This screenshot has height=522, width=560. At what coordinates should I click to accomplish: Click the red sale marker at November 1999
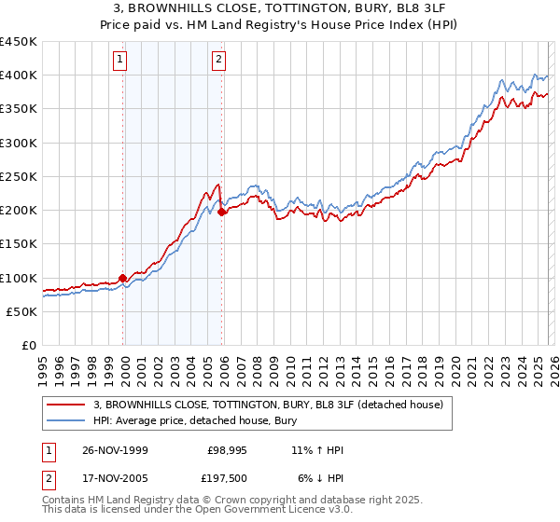[x=123, y=278]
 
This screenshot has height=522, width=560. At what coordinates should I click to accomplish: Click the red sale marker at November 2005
[x=222, y=212]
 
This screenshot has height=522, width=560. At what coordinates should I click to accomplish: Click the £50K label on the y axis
[x=22, y=311]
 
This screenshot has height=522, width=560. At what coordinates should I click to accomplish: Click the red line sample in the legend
[x=66, y=405]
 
